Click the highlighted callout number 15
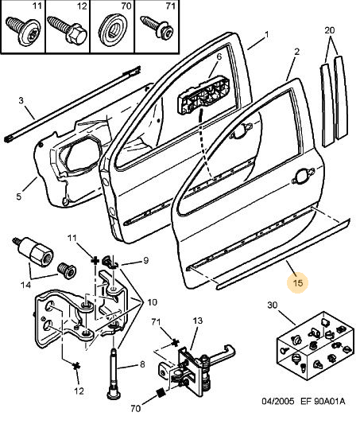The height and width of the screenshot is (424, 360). pyautogui.click(x=298, y=283)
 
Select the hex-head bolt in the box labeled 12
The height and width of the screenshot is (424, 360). pyautogui.click(x=67, y=30)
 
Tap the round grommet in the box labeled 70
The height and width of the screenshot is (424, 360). pyautogui.click(x=113, y=29)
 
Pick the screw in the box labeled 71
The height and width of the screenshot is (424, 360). pyautogui.click(x=157, y=27)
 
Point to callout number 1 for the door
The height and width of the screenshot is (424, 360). pyautogui.click(x=266, y=35)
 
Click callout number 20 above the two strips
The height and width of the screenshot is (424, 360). pyautogui.click(x=330, y=30)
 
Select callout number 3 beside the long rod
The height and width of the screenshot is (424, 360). pyautogui.click(x=21, y=100)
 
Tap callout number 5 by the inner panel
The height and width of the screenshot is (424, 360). pyautogui.click(x=18, y=196)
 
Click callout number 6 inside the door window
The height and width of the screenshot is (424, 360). pyautogui.click(x=219, y=56)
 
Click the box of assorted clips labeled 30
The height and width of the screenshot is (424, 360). pyautogui.click(x=315, y=346)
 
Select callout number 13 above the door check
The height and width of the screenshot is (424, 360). pyautogui.click(x=198, y=321)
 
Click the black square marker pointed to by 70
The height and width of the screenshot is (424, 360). pyautogui.click(x=161, y=392)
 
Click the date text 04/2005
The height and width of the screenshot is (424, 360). pyautogui.click(x=277, y=401)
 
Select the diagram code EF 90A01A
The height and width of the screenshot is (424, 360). pyautogui.click(x=323, y=401)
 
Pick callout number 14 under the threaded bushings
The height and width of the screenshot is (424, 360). pyautogui.click(x=25, y=285)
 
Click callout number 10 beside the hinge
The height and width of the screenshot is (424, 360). pyautogui.click(x=152, y=302)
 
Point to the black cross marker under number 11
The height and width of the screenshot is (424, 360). pyautogui.click(x=95, y=261)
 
